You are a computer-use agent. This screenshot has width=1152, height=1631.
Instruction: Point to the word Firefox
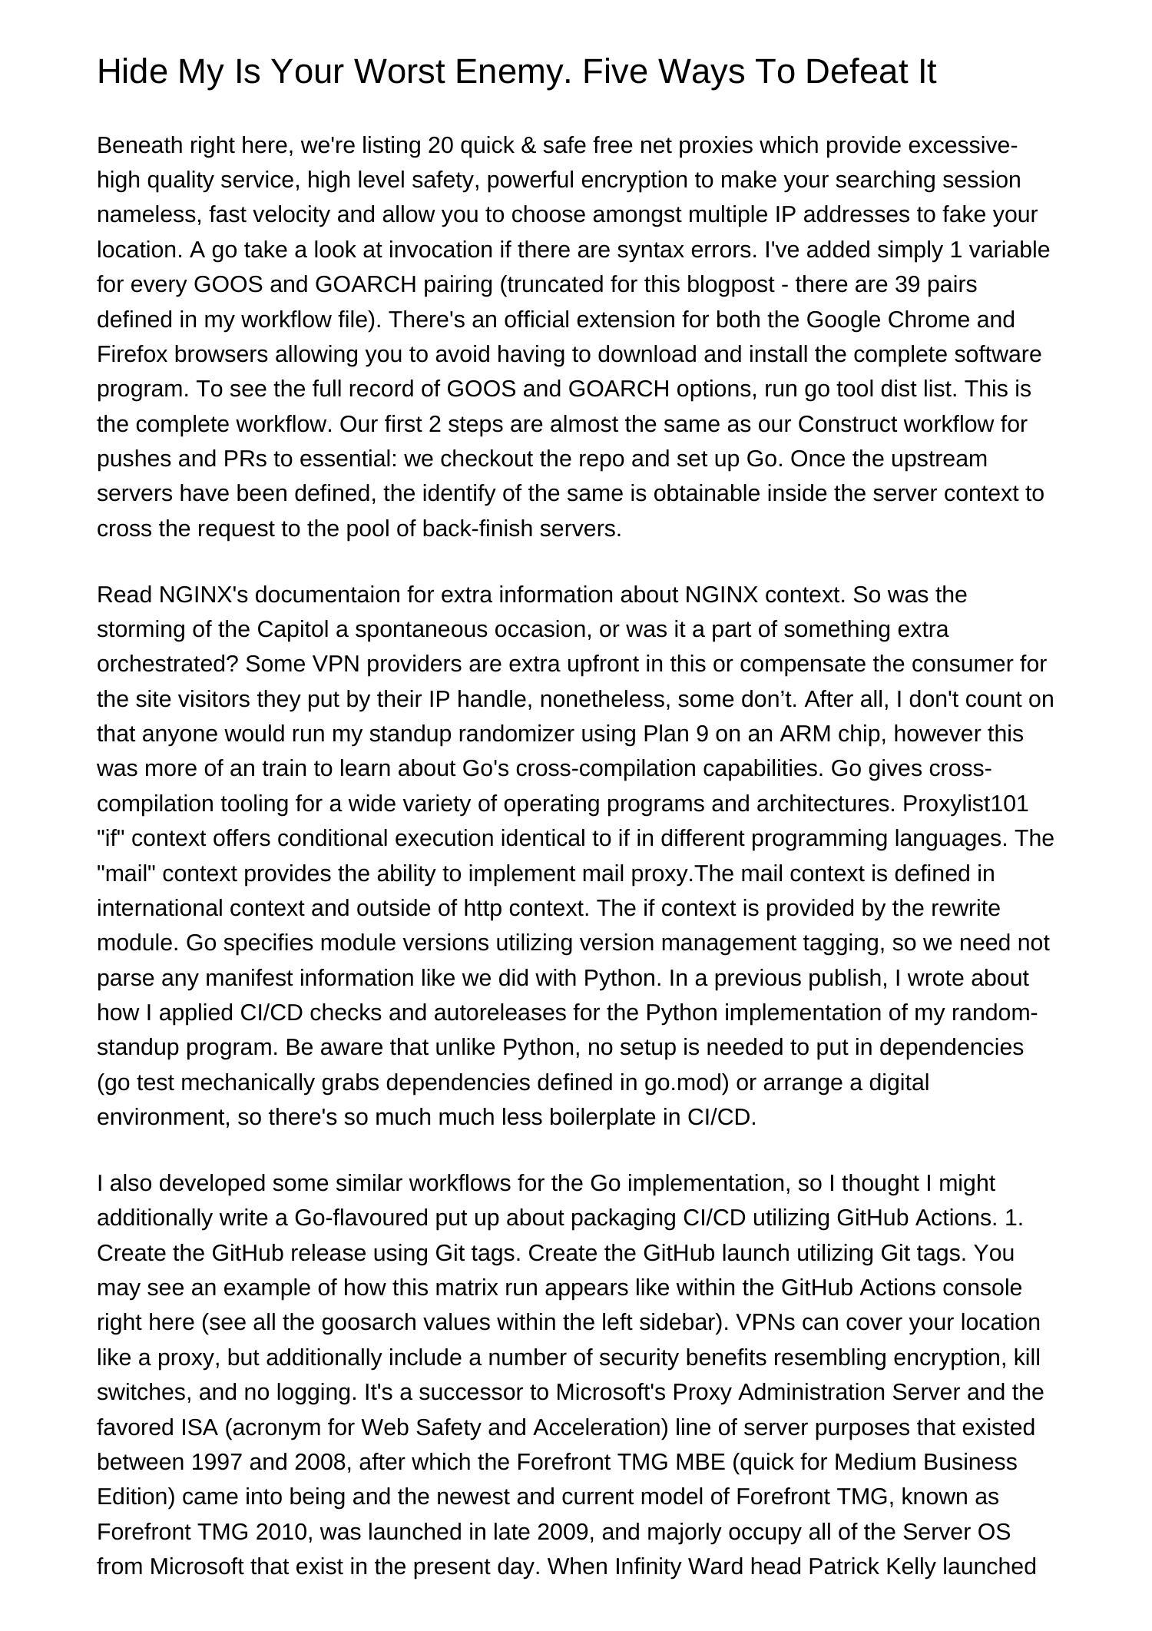click(x=133, y=354)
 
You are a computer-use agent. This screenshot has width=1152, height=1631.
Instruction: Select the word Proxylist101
click(x=965, y=804)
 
